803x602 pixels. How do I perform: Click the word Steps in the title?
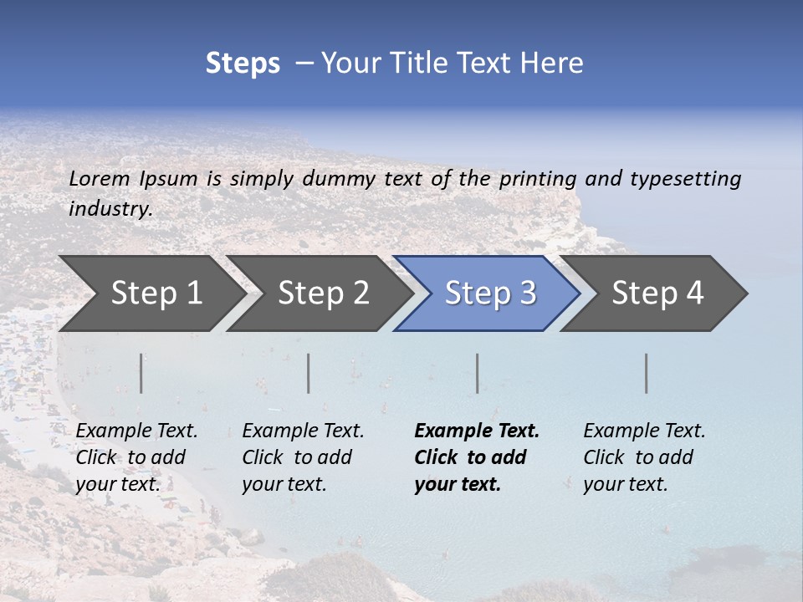[x=243, y=64]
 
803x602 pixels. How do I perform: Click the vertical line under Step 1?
[x=141, y=373]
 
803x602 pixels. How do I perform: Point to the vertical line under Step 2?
[x=309, y=373]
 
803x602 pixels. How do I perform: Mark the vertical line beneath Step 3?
[x=477, y=373]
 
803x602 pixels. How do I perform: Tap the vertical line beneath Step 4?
[x=646, y=373]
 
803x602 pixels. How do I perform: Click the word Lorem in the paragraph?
[x=100, y=179]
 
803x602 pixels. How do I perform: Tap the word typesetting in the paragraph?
[x=685, y=179]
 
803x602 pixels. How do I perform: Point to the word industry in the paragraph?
[x=110, y=209]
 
